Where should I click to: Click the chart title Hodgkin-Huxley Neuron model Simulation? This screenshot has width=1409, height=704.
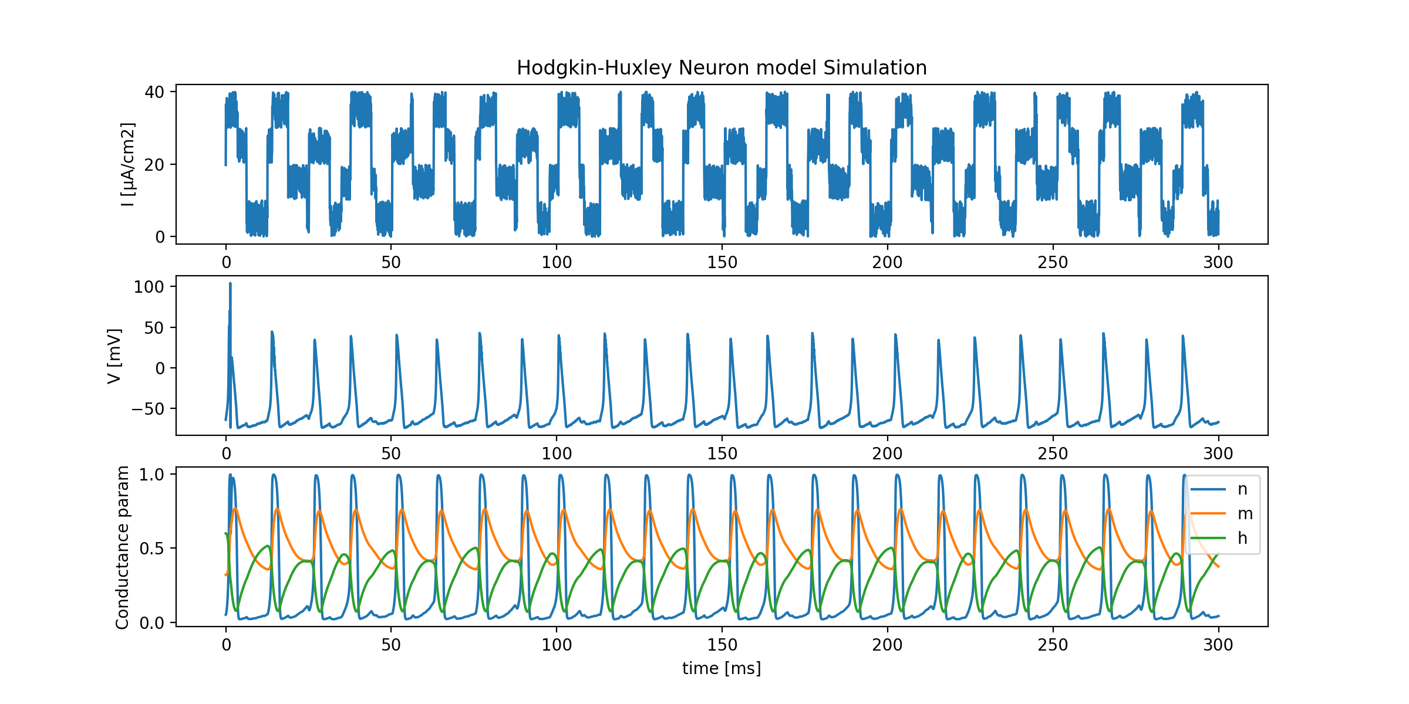pyautogui.click(x=722, y=68)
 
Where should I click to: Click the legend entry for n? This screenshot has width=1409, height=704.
pyautogui.click(x=1242, y=489)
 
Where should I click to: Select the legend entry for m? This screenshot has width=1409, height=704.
pyautogui.click(x=1245, y=514)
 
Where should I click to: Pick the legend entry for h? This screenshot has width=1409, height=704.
pyautogui.click(x=1242, y=539)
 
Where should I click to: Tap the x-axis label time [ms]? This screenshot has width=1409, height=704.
pyautogui.click(x=722, y=668)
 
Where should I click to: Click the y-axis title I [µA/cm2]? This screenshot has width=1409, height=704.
pyautogui.click(x=127, y=164)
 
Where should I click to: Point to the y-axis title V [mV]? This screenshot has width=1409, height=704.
pyautogui.click(x=114, y=356)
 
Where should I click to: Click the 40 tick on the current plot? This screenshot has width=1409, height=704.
pyautogui.click(x=154, y=92)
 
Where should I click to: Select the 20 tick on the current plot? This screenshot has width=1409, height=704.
pyautogui.click(x=154, y=165)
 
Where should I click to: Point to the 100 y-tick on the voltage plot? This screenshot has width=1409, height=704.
pyautogui.click(x=149, y=287)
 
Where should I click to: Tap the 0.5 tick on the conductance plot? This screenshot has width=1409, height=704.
pyautogui.click(x=151, y=549)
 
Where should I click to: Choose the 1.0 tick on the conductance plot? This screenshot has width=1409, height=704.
pyautogui.click(x=151, y=475)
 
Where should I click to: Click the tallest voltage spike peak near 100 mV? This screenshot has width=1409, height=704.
pyautogui.click(x=230, y=284)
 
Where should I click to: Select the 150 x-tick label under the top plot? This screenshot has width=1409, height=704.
pyautogui.click(x=722, y=262)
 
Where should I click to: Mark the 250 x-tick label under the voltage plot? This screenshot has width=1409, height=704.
pyautogui.click(x=1053, y=453)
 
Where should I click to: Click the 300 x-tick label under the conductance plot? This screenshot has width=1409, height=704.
pyautogui.click(x=1218, y=645)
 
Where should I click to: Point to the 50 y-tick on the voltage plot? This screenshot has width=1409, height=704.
pyautogui.click(x=154, y=328)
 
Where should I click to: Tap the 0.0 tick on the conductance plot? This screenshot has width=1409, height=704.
pyautogui.click(x=151, y=623)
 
